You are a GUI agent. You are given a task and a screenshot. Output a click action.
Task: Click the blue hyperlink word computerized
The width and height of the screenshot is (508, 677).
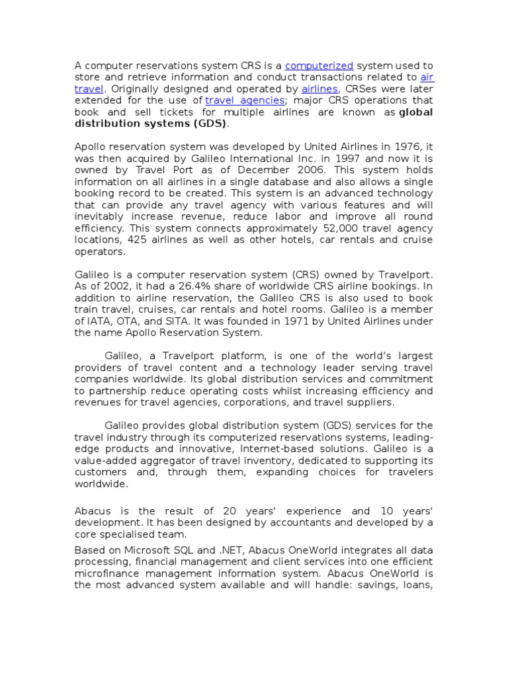319,65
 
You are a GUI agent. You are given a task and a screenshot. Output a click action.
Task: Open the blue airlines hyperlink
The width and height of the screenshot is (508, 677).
320,89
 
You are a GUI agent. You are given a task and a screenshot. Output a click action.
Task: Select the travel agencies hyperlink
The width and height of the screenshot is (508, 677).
245,100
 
